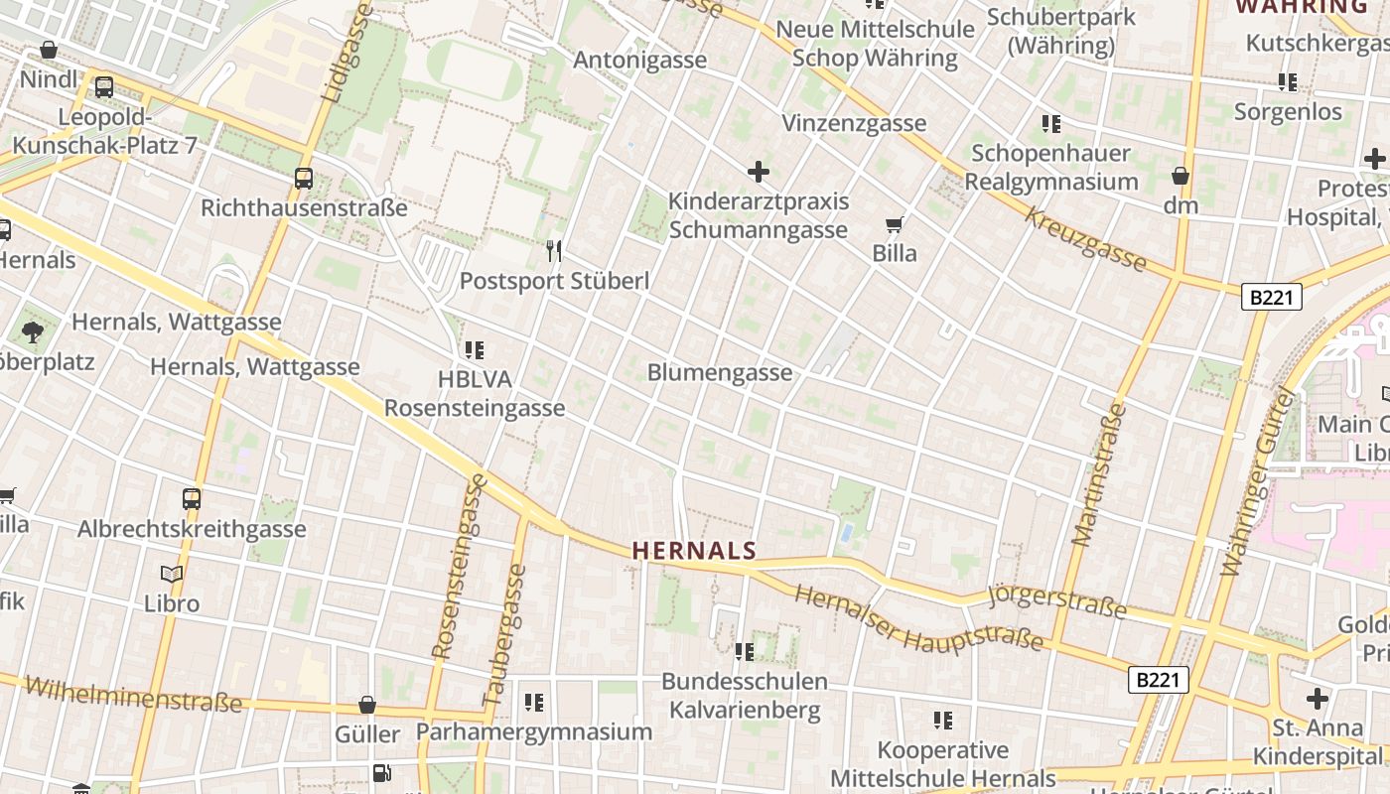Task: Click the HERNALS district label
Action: point(694,550)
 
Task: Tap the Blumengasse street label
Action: point(720,372)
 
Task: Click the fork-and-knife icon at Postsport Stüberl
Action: point(554,251)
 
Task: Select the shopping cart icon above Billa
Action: point(895,225)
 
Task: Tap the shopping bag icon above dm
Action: point(1181,176)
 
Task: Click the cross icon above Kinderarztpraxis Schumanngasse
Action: point(759,172)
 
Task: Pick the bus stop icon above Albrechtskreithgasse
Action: point(192,498)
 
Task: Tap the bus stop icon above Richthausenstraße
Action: point(304,179)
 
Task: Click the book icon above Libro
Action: point(172,574)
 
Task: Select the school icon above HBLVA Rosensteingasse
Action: point(475,349)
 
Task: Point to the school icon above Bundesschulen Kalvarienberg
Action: point(744,651)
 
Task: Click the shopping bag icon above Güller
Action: point(367,705)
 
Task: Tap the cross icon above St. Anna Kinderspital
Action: point(1318,698)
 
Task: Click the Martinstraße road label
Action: point(1099,474)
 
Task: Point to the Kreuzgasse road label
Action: point(1086,240)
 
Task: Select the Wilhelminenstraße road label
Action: point(133,695)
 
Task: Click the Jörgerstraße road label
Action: point(1058,601)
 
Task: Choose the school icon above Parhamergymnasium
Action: point(534,703)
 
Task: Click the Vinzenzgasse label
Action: point(854,123)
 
